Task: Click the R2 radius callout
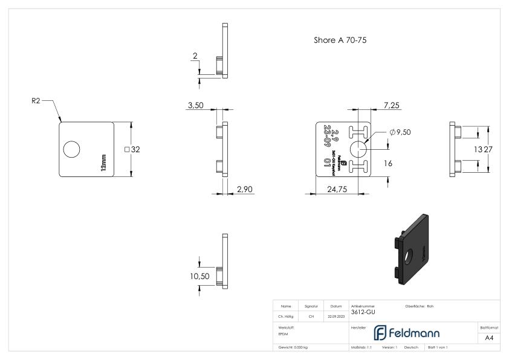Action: click(36, 101)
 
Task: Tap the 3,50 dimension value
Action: click(195, 105)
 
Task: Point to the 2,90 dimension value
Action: click(245, 190)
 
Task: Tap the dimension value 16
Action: click(389, 163)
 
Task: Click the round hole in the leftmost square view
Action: click(72, 149)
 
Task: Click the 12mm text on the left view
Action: click(103, 161)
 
